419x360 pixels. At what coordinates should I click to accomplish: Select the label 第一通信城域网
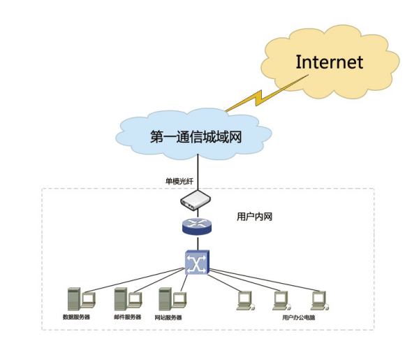coord(196,136)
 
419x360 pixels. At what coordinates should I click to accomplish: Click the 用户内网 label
coord(254,217)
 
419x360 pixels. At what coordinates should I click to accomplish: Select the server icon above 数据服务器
coord(79,299)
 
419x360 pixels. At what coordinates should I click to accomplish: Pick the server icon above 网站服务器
coord(170,299)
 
